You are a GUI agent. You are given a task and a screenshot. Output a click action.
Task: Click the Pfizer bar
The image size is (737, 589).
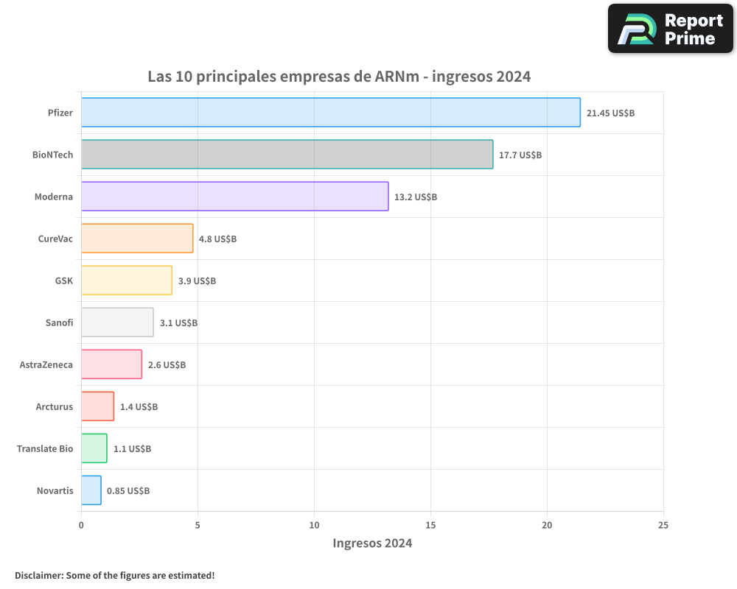point(330,113)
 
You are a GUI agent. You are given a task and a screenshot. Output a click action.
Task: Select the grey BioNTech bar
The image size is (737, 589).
point(287,155)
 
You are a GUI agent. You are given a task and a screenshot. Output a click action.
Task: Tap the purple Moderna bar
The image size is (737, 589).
point(234,197)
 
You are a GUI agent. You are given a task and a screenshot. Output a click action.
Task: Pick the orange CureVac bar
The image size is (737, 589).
point(137,239)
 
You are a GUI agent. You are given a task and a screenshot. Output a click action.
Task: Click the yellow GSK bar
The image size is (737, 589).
point(126,281)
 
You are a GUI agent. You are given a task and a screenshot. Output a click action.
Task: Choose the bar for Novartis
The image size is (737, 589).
point(91,490)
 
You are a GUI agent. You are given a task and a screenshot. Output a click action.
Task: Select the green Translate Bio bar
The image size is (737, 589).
point(94,448)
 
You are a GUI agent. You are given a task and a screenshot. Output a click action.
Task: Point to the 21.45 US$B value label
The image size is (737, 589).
point(610,113)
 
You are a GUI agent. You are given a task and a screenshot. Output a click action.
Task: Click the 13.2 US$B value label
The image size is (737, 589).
point(416,197)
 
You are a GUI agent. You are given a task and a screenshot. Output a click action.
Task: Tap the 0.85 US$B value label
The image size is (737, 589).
point(128,491)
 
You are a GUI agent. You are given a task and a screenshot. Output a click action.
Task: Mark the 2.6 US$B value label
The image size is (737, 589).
point(167,365)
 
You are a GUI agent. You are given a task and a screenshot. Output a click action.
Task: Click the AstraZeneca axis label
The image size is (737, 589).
point(46,364)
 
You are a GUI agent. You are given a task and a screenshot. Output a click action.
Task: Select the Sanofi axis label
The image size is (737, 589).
point(60,322)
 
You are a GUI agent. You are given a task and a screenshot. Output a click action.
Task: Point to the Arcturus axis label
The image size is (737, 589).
point(55,406)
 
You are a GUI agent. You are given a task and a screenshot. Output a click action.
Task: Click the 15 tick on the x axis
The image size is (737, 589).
point(430,525)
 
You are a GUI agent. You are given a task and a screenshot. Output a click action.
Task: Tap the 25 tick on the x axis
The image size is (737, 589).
point(663,525)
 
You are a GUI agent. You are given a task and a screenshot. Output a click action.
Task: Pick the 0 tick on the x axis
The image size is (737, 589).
point(81,525)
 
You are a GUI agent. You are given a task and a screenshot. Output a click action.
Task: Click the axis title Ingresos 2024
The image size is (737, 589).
point(372,543)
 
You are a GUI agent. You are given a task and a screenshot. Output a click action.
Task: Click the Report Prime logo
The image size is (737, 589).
point(670,29)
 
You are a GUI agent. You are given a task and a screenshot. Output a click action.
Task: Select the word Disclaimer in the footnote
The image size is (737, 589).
point(38,575)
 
